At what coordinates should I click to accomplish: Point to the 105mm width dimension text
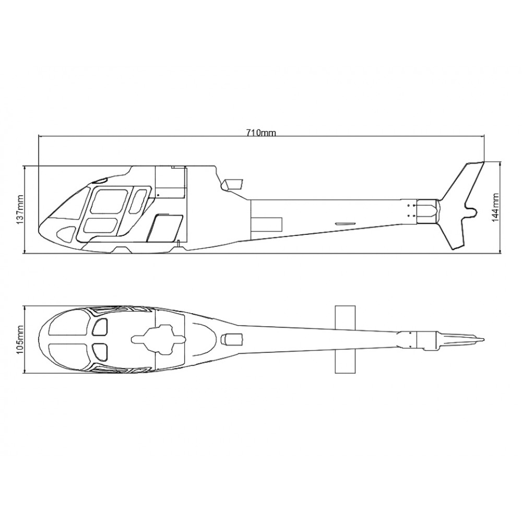coord(20,339)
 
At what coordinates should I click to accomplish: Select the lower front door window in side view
coord(100,226)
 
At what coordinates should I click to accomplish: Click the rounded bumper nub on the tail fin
coord(471,211)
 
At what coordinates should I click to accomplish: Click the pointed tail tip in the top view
coord(483,339)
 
